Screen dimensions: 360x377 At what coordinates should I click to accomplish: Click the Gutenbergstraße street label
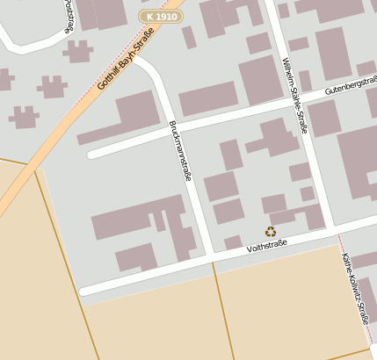tap(350, 86)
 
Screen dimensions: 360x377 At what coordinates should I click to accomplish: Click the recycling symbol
tap(271, 232)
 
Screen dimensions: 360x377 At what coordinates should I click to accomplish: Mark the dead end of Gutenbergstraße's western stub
tap(91, 155)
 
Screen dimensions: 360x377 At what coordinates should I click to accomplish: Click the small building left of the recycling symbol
tap(233, 241)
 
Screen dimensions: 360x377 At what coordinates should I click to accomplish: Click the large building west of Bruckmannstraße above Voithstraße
tap(141, 224)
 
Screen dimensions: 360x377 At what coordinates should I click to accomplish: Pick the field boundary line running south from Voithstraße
tap(223, 307)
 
